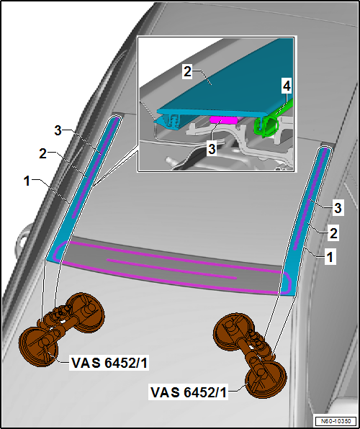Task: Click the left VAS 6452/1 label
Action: (109, 363)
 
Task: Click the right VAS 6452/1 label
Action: (189, 392)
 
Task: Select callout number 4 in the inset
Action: (287, 86)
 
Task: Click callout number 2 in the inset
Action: (187, 72)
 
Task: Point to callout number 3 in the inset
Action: (212, 149)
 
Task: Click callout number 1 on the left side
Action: (27, 181)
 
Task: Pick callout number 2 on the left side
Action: (42, 154)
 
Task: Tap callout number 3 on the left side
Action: (58, 130)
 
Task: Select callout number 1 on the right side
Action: (330, 257)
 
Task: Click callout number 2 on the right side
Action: (333, 233)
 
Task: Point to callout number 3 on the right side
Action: (338, 208)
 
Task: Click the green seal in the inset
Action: (266, 125)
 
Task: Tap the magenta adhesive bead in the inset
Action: (223, 119)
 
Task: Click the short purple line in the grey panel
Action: (171, 269)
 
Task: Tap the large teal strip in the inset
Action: (228, 82)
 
